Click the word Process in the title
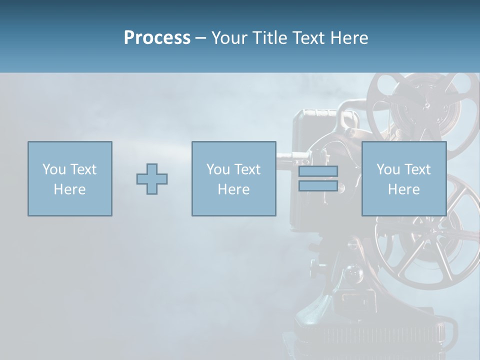pos(157,37)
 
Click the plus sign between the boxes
pos(152,178)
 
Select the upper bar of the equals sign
pos(318,171)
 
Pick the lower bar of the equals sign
pos(318,185)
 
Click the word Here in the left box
pos(69,189)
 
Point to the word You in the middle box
pos(218,169)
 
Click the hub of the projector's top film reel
pos(427,106)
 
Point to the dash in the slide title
pos(200,38)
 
